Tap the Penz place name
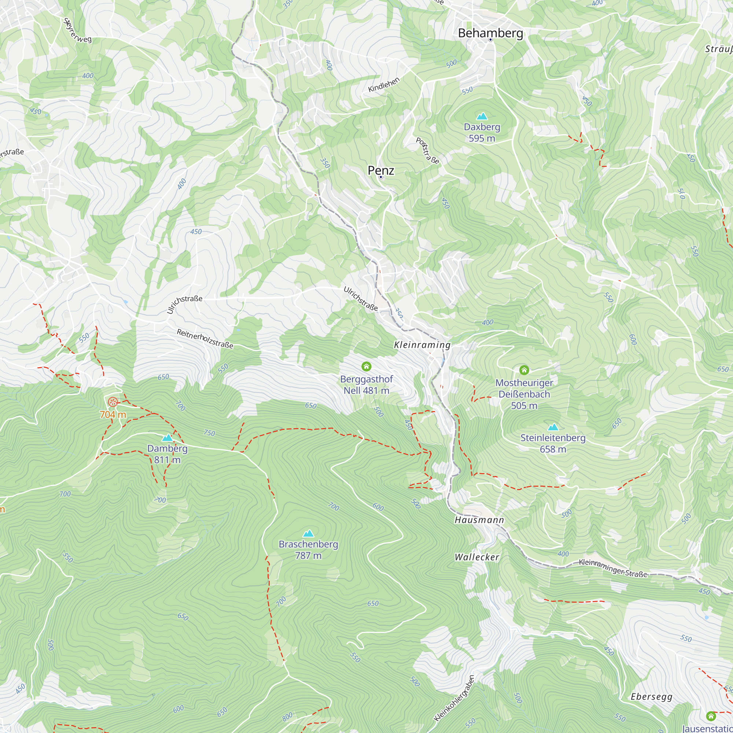coord(380,170)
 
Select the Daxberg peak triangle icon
coord(482,116)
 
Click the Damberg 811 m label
coord(167,454)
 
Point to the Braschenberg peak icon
coord(309,533)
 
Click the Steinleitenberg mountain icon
coord(553,427)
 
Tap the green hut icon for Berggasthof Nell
coord(366,366)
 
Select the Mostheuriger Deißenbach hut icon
coord(524,369)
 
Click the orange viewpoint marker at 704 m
coord(113,402)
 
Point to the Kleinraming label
coord(422,345)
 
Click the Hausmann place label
coord(479,520)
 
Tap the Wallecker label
coord(477,557)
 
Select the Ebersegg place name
coord(651,697)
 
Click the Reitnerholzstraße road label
coord(205,338)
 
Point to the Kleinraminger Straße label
coord(613,568)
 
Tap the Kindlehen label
coord(384,85)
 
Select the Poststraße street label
coord(428,151)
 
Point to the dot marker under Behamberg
coord(490,40)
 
